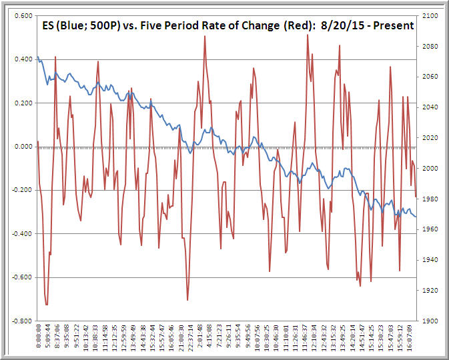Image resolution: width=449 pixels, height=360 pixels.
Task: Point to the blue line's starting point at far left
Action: pos(37,57)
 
